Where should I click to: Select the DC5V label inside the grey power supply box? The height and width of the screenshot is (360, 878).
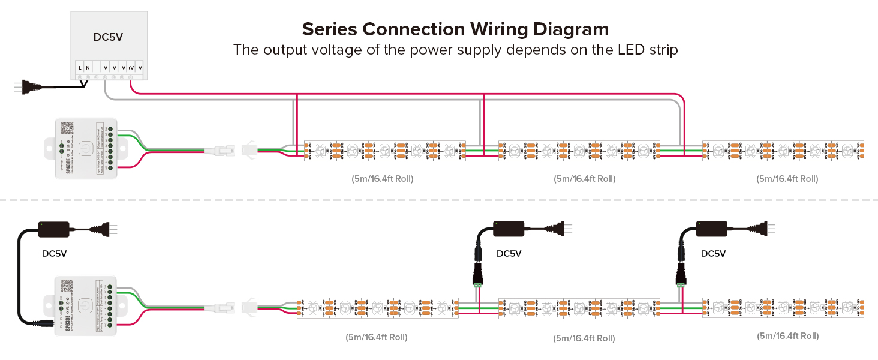tap(108, 37)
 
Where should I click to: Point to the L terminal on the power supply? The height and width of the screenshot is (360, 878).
tap(80, 68)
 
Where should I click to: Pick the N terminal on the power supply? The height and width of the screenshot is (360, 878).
tap(88, 68)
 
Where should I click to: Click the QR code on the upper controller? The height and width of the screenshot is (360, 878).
tap(67, 128)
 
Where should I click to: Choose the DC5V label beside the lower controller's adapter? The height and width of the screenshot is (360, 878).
tap(54, 253)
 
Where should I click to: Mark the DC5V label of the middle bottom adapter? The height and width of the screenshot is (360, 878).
tap(509, 253)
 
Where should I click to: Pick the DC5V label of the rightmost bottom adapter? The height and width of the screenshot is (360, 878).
tap(713, 253)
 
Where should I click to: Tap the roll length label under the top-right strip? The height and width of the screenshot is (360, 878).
tap(787, 179)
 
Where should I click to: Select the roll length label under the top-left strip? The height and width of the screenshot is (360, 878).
tap(382, 179)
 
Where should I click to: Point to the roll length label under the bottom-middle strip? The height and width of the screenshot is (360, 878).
tap(584, 338)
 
